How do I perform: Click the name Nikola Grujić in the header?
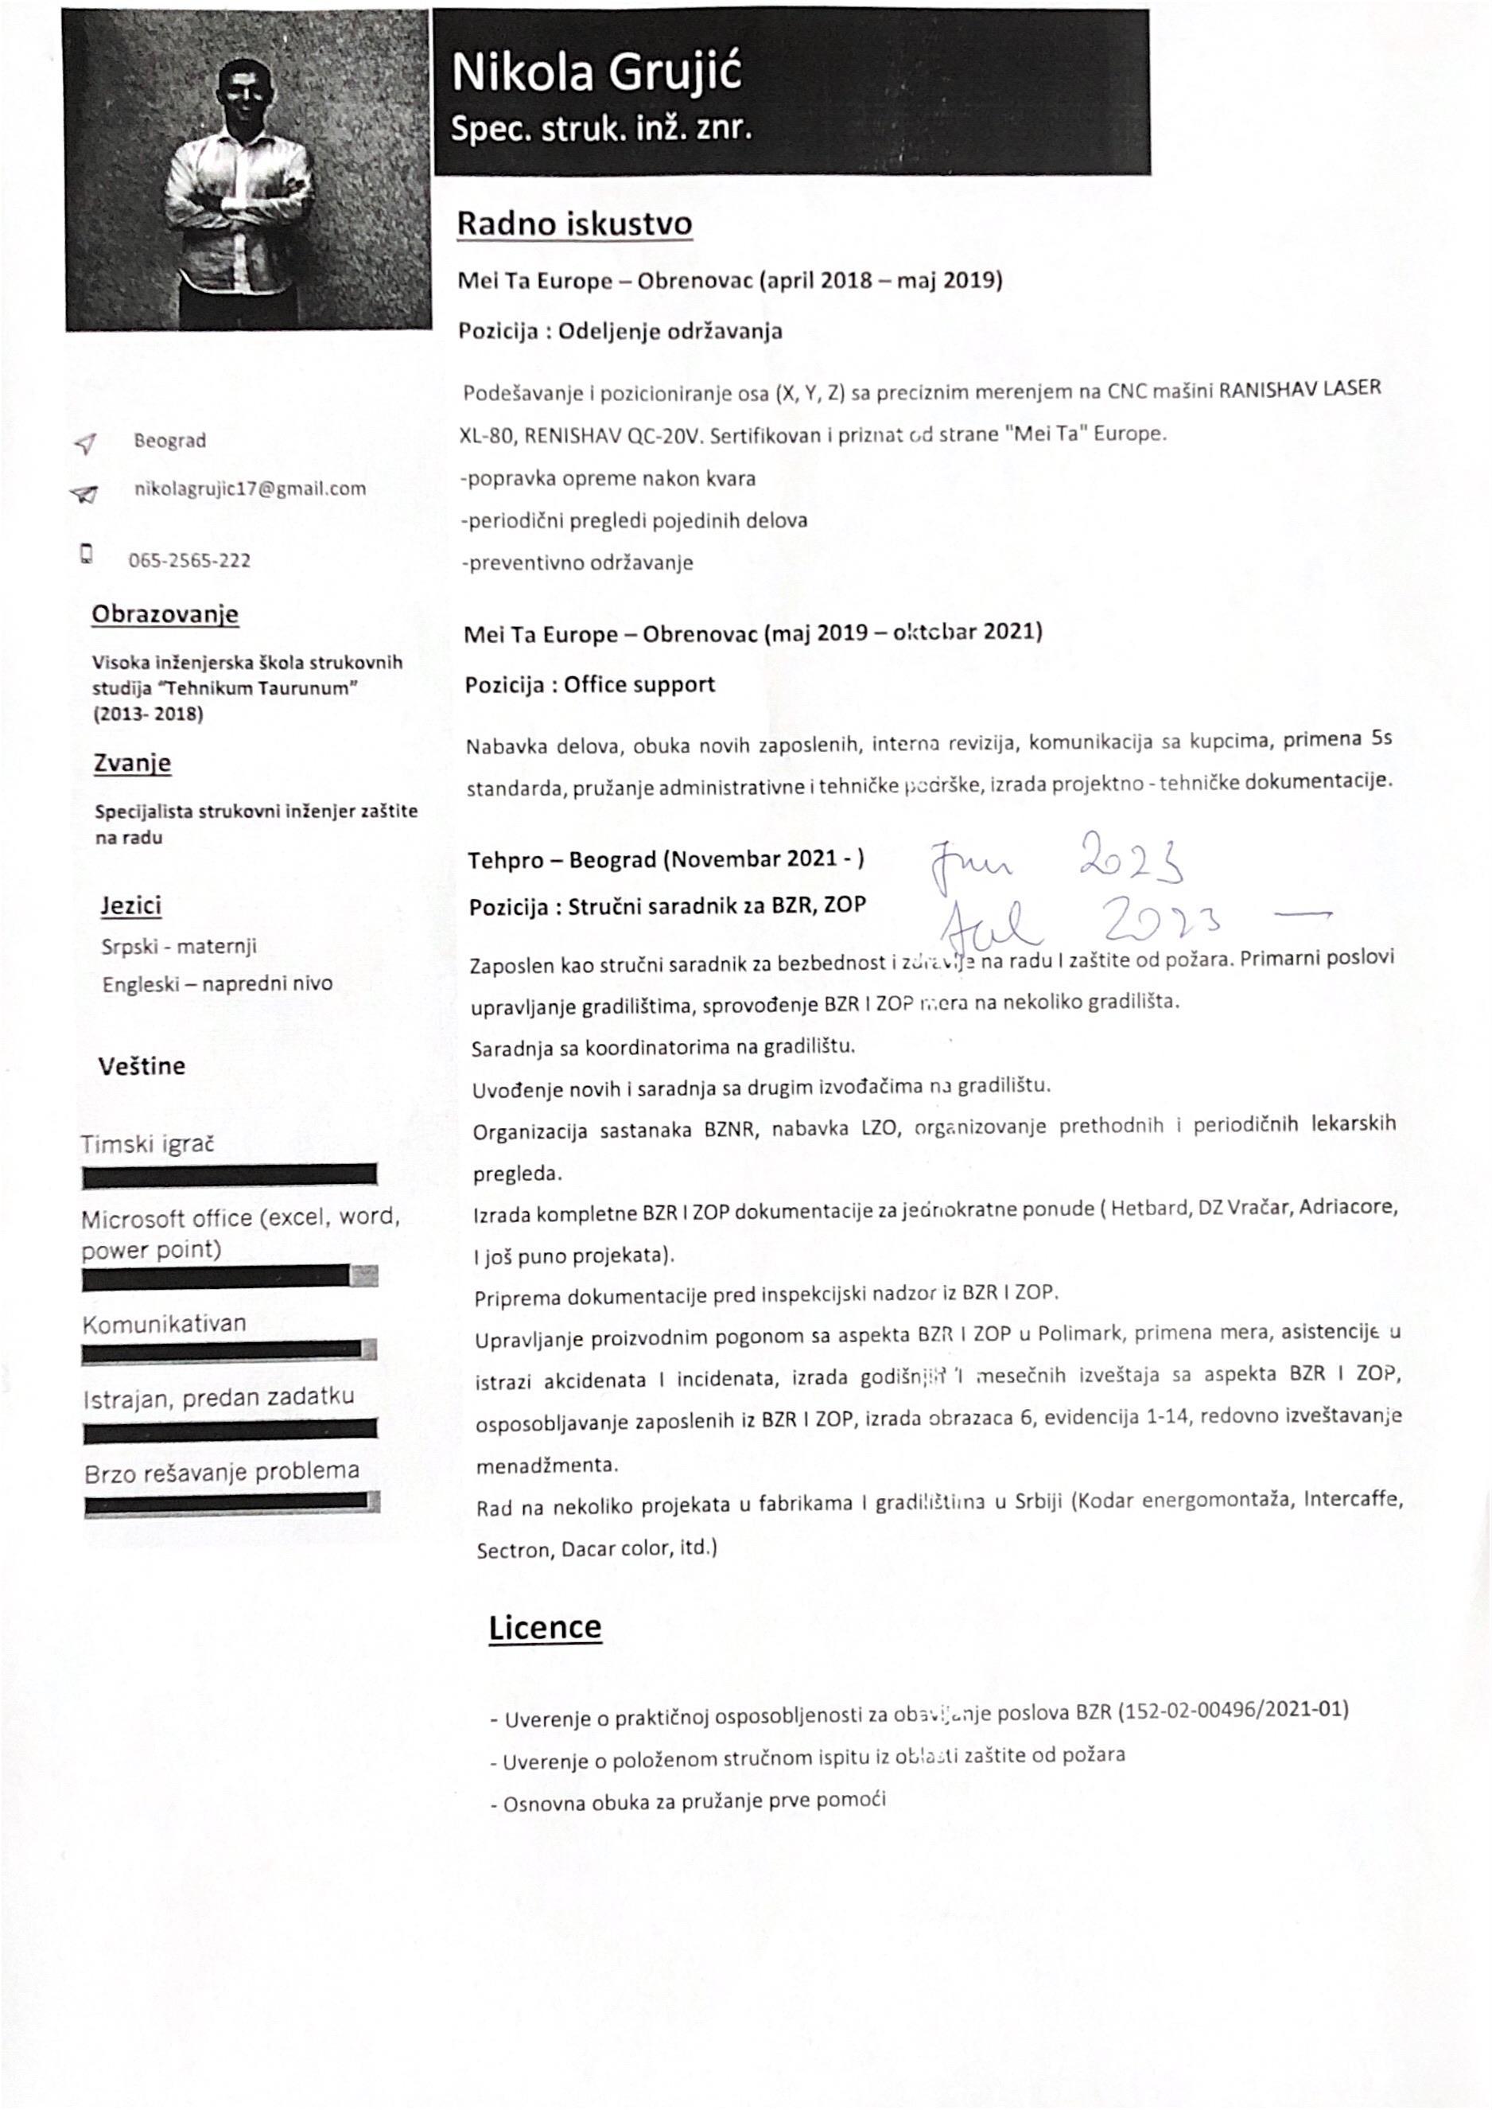596,72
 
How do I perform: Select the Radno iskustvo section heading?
574,224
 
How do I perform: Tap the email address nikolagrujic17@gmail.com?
250,489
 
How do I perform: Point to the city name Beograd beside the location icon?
170,440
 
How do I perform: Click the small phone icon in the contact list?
87,553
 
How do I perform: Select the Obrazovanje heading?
165,614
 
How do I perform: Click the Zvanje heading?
132,763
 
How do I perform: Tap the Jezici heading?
131,905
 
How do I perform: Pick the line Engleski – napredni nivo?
218,984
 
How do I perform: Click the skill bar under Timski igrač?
230,1174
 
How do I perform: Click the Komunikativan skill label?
165,1324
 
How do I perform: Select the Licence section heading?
545,1626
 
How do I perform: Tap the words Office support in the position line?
639,685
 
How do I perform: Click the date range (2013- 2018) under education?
148,714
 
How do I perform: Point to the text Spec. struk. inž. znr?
600,129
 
